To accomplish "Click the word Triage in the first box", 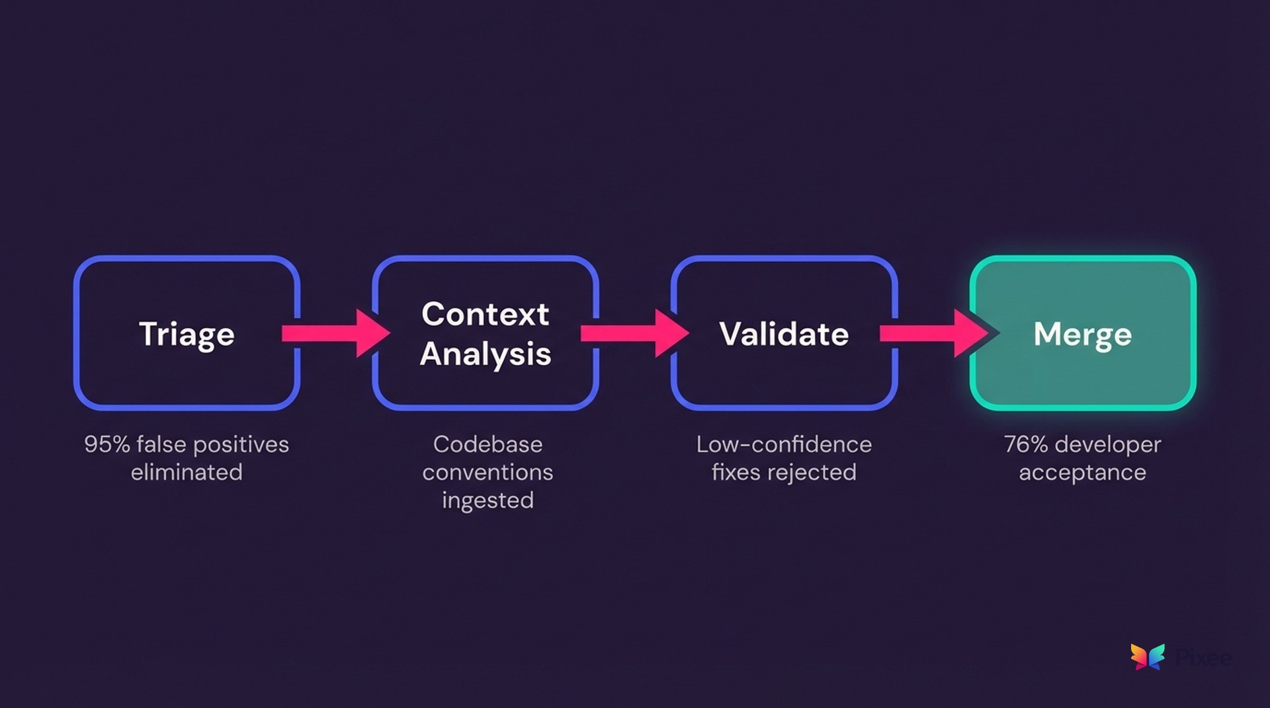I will click(x=187, y=334).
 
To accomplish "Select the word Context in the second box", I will click(x=485, y=314).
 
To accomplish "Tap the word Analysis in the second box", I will click(x=485, y=354).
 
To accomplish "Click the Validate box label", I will click(x=784, y=334).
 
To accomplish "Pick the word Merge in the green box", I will click(x=1082, y=334).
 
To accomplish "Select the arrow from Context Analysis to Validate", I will click(x=634, y=333).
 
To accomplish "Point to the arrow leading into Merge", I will click(x=933, y=333).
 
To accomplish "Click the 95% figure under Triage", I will click(x=106, y=444).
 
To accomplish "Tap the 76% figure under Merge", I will click(x=1025, y=444).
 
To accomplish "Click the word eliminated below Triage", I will click(x=187, y=472).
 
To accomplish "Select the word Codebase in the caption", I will click(x=487, y=444).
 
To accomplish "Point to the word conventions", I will click(x=487, y=472).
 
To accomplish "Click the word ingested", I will click(x=487, y=500).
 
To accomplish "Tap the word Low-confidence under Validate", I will click(x=784, y=444).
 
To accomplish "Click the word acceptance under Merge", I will click(x=1082, y=472).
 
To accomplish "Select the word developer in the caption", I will click(x=1108, y=444).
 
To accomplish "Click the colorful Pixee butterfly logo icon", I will click(x=1148, y=656).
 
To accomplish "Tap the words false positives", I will click(x=212, y=444).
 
